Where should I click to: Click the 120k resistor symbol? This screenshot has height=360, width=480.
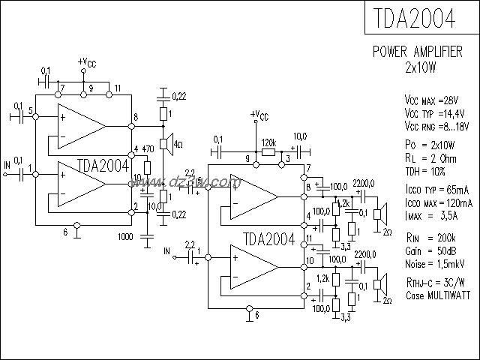point(268,151)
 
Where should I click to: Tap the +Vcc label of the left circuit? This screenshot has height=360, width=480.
point(87,63)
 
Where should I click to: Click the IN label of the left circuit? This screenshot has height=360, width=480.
point(7,163)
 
